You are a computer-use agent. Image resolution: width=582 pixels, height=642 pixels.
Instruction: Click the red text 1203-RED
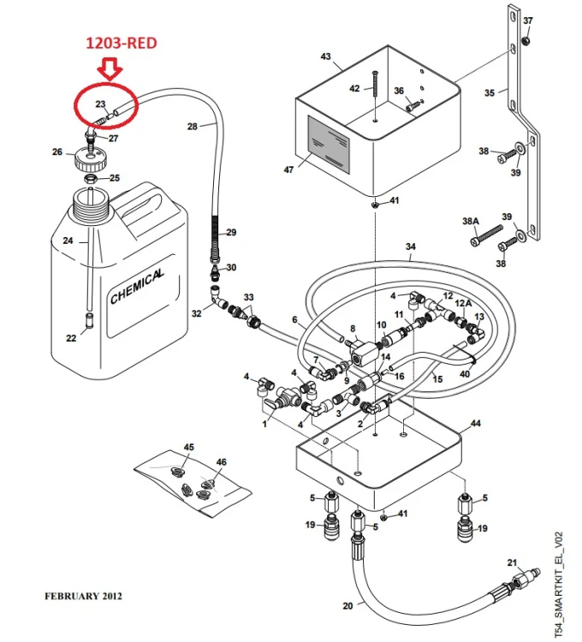click(122, 43)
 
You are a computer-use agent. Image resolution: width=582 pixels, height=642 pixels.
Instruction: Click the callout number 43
click(325, 56)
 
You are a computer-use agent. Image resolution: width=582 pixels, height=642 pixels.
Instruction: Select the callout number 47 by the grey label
click(288, 169)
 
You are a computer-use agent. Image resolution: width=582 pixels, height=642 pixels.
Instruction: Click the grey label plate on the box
click(329, 144)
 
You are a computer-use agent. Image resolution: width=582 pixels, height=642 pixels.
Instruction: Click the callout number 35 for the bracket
click(490, 93)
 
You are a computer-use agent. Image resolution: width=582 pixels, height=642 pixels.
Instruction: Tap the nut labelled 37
click(527, 40)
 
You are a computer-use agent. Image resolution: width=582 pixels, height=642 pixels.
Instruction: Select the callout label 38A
click(470, 221)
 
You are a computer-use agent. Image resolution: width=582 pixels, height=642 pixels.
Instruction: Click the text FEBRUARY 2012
click(84, 596)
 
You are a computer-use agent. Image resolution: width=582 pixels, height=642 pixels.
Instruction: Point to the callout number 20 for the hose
click(347, 605)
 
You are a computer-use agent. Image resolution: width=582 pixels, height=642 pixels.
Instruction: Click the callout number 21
click(512, 563)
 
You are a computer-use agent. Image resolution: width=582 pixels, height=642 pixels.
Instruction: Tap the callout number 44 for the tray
click(476, 424)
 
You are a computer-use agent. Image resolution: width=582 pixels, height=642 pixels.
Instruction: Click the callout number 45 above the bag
click(188, 447)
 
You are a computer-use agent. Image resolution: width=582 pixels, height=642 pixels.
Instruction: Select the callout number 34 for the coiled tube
click(411, 247)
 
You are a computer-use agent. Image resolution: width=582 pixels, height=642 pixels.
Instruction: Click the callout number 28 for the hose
click(193, 127)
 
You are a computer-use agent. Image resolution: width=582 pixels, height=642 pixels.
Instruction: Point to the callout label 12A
click(463, 303)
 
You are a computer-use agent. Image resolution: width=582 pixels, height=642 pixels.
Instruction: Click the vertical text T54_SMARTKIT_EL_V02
click(559, 585)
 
